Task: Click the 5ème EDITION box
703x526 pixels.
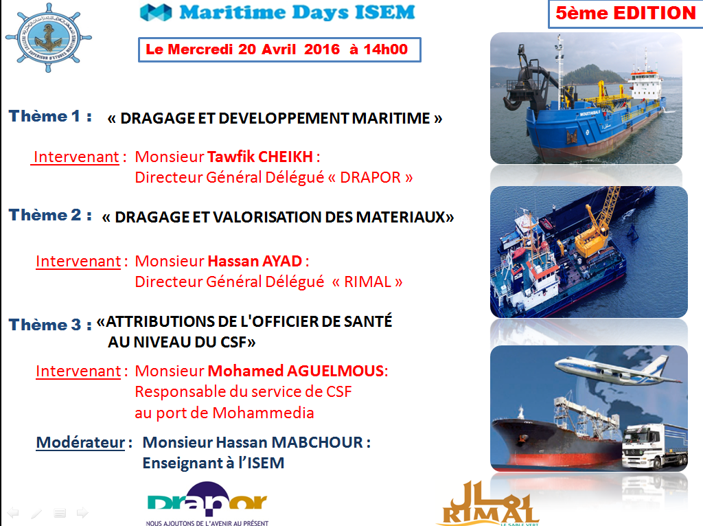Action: (625, 14)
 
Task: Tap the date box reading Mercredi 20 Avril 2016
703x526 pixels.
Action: (277, 49)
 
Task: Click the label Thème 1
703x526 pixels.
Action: (51, 116)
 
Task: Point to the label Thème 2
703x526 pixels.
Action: (51, 215)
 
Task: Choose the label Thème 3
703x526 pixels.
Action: (51, 324)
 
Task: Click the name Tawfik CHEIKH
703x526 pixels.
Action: (261, 157)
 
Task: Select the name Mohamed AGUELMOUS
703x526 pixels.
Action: (296, 371)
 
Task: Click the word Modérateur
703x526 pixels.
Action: (79, 442)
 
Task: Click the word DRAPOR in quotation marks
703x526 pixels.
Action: (371, 177)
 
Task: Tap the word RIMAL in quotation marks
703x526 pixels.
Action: (364, 282)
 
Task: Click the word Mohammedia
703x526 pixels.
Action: (263, 413)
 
